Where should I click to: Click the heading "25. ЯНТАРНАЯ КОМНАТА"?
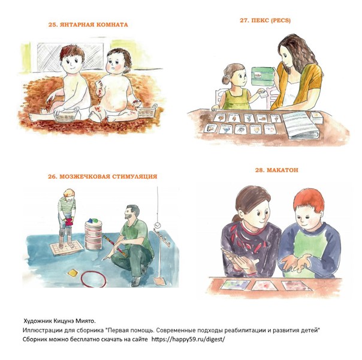coord(88,25)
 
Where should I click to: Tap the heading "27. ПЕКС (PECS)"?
coord(264,20)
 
